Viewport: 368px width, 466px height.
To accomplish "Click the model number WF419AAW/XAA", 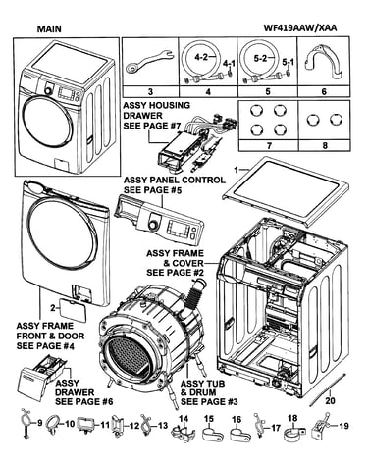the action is (300, 28).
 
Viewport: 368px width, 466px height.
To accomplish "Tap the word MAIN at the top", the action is (49, 28).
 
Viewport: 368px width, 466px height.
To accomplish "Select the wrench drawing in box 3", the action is (148, 61).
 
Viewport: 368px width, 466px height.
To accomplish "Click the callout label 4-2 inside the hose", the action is (201, 57).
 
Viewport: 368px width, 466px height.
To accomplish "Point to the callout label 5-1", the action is (288, 62).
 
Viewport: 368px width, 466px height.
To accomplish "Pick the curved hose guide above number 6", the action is (324, 62).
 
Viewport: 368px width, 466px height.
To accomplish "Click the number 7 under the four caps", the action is (269, 145).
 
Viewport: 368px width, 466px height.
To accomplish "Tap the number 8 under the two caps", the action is (325, 145).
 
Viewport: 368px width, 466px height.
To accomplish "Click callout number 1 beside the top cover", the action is (237, 170).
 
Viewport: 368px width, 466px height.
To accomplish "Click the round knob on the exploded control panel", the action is (152, 226).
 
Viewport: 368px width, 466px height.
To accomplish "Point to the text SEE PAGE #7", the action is (151, 126).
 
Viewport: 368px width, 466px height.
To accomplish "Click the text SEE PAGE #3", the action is (209, 401).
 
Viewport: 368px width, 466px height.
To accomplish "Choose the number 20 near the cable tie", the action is (331, 400).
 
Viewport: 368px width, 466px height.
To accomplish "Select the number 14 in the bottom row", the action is (184, 418).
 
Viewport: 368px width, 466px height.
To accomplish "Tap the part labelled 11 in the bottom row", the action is (85, 425).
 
